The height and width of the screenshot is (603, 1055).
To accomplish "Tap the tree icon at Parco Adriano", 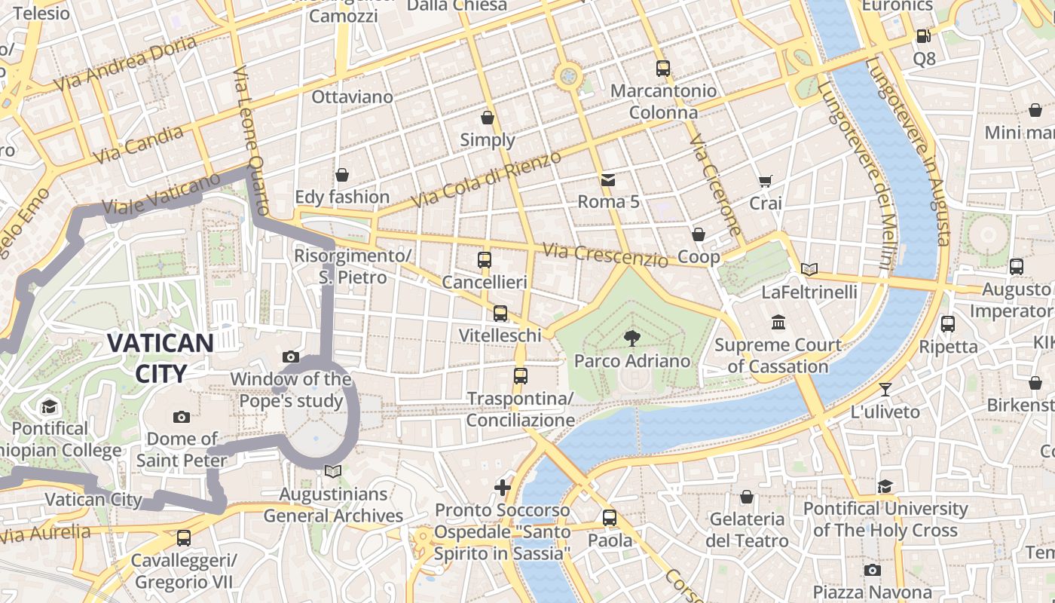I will [x=631, y=338].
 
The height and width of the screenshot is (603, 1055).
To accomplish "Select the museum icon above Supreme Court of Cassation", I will [x=778, y=323].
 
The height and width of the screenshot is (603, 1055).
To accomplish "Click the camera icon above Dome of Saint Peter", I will [x=181, y=417].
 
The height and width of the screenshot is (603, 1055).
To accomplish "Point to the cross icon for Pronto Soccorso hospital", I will [x=503, y=488].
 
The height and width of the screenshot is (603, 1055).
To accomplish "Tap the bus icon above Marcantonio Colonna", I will [x=662, y=69].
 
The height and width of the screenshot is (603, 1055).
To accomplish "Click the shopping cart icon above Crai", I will [x=765, y=181].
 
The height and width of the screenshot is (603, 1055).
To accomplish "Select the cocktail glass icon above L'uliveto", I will [x=885, y=390].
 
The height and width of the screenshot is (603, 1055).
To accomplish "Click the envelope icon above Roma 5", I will [x=607, y=179].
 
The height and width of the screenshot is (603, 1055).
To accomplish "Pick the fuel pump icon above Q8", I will [x=923, y=35].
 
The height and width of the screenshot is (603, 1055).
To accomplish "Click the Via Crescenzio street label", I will [x=605, y=255].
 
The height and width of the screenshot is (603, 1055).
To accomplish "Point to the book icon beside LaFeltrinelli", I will [x=809, y=269].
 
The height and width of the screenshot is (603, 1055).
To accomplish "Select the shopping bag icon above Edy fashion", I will [x=342, y=175].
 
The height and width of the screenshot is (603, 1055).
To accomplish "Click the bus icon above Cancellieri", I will [x=485, y=260].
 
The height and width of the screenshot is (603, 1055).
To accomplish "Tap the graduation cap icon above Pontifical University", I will [x=885, y=486].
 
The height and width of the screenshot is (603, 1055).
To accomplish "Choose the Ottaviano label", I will [x=352, y=97].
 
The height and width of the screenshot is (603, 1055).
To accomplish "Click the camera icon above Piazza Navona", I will [x=872, y=570].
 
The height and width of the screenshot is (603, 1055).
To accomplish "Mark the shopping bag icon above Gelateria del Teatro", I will [x=747, y=497].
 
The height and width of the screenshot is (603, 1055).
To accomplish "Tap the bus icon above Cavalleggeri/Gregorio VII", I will [x=183, y=538].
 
